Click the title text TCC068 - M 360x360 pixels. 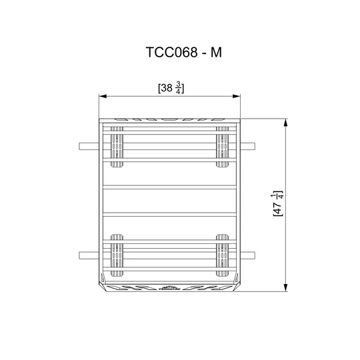(x=179, y=53)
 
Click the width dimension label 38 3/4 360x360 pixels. (x=171, y=87)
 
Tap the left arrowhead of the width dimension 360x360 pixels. (x=102, y=95)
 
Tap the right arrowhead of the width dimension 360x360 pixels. (x=239, y=95)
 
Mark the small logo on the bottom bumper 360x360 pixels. (x=170, y=289)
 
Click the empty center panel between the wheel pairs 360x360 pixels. (x=170, y=199)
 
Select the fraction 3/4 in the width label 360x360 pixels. (x=179, y=87)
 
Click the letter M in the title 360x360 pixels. (x=215, y=53)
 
